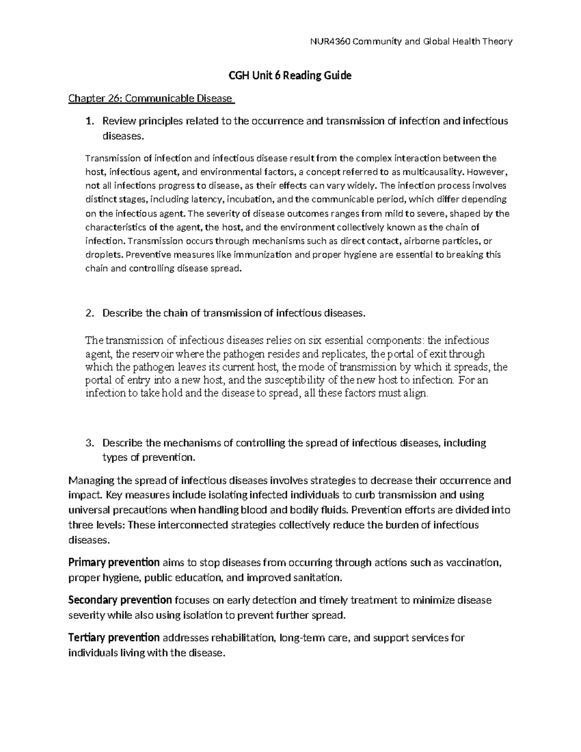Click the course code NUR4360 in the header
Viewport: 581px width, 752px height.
point(330,42)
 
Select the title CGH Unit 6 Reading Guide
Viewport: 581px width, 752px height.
point(290,76)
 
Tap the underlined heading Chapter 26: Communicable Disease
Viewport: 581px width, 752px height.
point(151,99)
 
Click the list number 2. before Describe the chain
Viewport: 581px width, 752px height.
point(89,313)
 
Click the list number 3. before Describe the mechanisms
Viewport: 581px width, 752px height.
point(89,443)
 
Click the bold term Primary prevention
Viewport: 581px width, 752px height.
point(114,563)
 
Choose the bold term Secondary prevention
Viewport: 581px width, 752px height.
point(120,600)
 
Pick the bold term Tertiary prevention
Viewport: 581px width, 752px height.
point(114,638)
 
